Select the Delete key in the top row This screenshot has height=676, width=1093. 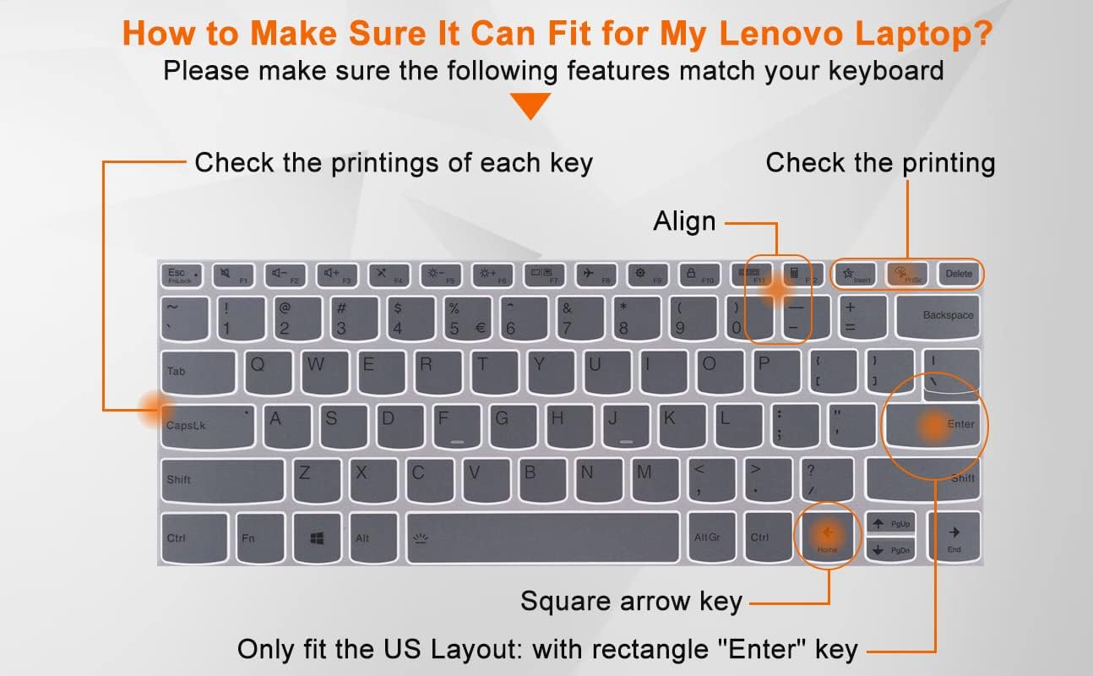[959, 274]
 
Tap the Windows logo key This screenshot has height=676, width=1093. [318, 537]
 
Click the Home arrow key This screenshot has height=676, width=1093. [828, 537]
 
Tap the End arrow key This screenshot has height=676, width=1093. [954, 537]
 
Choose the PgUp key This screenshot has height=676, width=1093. [890, 524]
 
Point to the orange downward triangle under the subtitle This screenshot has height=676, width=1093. [530, 105]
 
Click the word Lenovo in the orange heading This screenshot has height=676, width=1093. [781, 34]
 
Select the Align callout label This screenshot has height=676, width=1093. [684, 222]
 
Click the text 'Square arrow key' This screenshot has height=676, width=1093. [631, 602]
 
